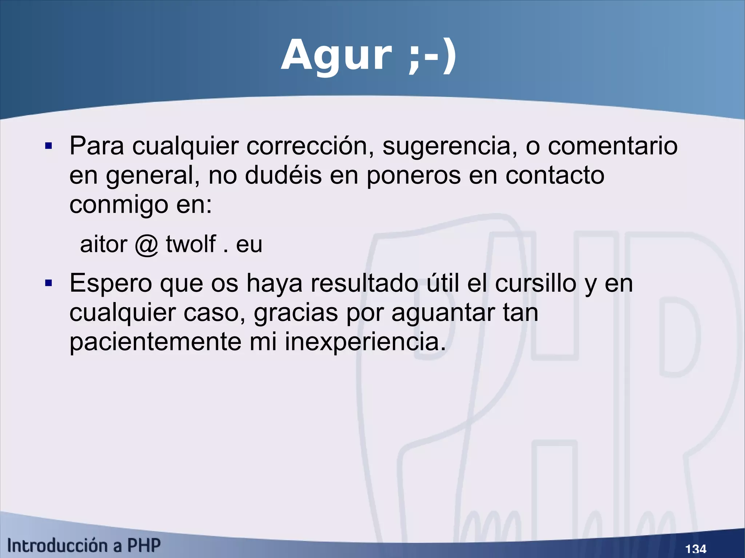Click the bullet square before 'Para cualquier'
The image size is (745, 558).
[x=49, y=146]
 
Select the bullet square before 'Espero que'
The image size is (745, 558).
[x=49, y=283]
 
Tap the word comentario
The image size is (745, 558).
[x=613, y=146]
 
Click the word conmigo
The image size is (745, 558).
[x=119, y=205]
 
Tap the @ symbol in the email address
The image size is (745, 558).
[x=146, y=244]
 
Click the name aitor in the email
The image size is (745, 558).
[x=104, y=244]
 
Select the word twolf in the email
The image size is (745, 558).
[x=191, y=244]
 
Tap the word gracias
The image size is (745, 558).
[x=296, y=313]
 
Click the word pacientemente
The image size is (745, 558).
[x=155, y=342]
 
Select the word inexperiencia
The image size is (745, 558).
[x=365, y=342]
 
